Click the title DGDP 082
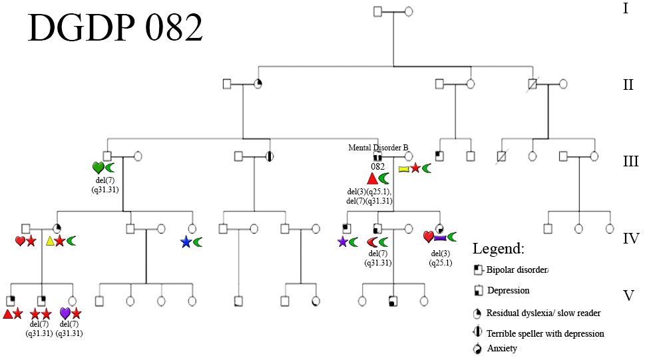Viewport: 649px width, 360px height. point(115,29)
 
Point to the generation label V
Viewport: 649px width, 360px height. point(629,295)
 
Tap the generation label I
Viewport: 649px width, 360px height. point(626,9)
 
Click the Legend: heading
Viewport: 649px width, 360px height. point(499,249)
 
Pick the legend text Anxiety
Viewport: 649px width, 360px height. point(502,348)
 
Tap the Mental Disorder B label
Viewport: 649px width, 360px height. point(378,147)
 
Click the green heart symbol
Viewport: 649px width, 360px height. point(98,168)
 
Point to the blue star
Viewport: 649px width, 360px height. point(186,242)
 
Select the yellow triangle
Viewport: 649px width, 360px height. point(50,241)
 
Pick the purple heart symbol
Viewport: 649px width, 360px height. point(65,313)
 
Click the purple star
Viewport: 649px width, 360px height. point(342,242)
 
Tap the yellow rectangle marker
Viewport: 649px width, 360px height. point(403,169)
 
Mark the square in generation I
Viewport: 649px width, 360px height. point(378,11)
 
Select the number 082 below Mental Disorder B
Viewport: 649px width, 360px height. point(379,166)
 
